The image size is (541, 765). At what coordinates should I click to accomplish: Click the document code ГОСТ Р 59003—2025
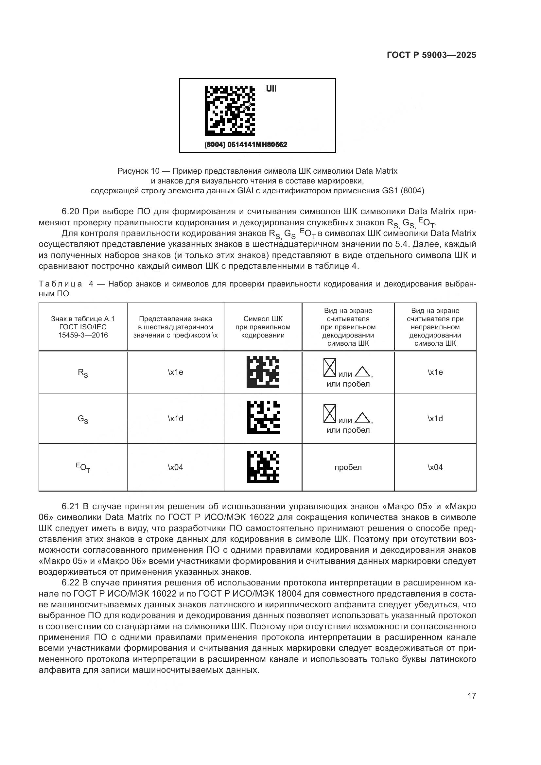point(431,55)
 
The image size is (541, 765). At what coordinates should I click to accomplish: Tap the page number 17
point(472,696)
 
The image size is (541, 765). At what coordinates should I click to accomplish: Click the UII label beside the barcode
point(271,89)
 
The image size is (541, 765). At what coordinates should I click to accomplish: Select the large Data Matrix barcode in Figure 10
point(230,111)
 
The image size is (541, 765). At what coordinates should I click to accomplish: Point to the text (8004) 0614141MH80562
point(246,145)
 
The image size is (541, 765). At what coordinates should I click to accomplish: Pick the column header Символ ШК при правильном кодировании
point(263,327)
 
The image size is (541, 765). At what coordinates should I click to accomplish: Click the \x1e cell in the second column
point(176,372)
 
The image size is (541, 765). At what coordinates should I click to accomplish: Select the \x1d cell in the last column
point(435,419)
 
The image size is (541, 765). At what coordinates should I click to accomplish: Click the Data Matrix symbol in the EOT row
point(263,467)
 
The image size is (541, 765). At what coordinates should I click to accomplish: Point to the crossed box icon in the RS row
point(330,368)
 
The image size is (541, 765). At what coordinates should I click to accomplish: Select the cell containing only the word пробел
point(348,467)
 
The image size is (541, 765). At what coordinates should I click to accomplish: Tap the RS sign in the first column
point(83,373)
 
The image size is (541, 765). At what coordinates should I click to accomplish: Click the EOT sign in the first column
point(83,467)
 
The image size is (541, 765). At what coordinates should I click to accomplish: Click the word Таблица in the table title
point(60,284)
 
